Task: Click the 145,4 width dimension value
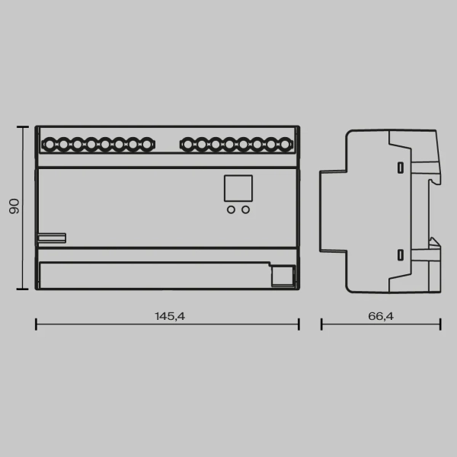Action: coord(169,315)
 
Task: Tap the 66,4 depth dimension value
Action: coord(380,315)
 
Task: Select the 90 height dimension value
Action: coord(14,207)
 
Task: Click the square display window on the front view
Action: coord(238,188)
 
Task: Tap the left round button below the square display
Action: coord(231,210)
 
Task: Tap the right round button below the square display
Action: coord(245,210)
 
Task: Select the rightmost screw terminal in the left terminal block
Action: coord(145,143)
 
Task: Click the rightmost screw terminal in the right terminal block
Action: coord(285,143)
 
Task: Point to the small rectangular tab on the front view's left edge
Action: coord(52,238)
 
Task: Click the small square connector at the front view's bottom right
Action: coord(283,275)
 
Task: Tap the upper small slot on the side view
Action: coord(399,166)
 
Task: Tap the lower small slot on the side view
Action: coord(399,255)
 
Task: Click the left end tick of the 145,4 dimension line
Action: coord(37,324)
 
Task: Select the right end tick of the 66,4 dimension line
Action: coord(439,324)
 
